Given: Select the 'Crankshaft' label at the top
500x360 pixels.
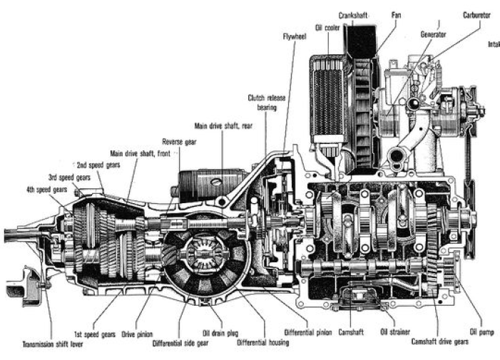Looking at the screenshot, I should click(352, 14).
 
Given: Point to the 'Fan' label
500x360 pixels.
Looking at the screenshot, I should click(396, 14).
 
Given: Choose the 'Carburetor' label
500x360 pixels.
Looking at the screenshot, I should click(476, 14).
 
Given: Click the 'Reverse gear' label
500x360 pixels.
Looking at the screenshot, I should click(179, 141).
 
